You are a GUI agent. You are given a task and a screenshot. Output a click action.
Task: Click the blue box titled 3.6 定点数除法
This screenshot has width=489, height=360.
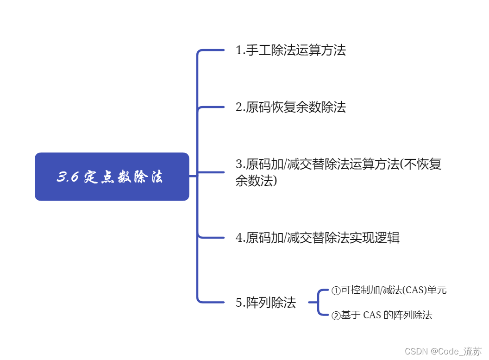tap(112, 177)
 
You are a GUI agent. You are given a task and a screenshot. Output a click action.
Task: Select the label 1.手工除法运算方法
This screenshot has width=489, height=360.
tap(291, 50)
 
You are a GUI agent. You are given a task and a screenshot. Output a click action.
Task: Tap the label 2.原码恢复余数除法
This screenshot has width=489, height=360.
tap(291, 107)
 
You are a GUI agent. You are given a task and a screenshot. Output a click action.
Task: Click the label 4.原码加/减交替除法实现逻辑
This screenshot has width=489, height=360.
tap(318, 238)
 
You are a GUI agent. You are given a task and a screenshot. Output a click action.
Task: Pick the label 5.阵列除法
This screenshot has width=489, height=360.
tap(266, 303)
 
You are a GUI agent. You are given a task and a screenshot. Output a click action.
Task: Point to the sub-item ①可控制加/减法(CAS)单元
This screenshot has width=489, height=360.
tap(389, 291)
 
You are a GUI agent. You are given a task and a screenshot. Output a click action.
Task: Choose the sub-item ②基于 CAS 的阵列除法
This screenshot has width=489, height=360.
tap(382, 316)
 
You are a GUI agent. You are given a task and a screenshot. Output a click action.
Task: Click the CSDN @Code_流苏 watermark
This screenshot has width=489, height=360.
tap(443, 351)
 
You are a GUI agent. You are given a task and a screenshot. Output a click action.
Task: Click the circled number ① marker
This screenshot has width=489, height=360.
tap(336, 291)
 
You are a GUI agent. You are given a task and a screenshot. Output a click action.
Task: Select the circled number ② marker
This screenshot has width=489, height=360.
tap(336, 316)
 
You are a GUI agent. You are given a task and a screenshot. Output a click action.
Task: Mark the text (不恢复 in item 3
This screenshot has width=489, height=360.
tap(421, 164)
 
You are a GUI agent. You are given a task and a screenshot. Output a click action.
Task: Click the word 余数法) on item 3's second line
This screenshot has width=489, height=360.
tap(256, 181)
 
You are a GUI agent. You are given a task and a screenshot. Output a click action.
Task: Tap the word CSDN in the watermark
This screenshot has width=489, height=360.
tap(416, 351)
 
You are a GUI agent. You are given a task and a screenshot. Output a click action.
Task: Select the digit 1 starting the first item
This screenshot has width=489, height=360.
tap(239, 50)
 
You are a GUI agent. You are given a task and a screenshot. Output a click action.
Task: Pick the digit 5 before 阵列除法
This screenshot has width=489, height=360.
tap(239, 303)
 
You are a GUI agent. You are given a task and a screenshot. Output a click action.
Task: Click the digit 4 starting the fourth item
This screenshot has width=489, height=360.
tap(239, 238)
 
